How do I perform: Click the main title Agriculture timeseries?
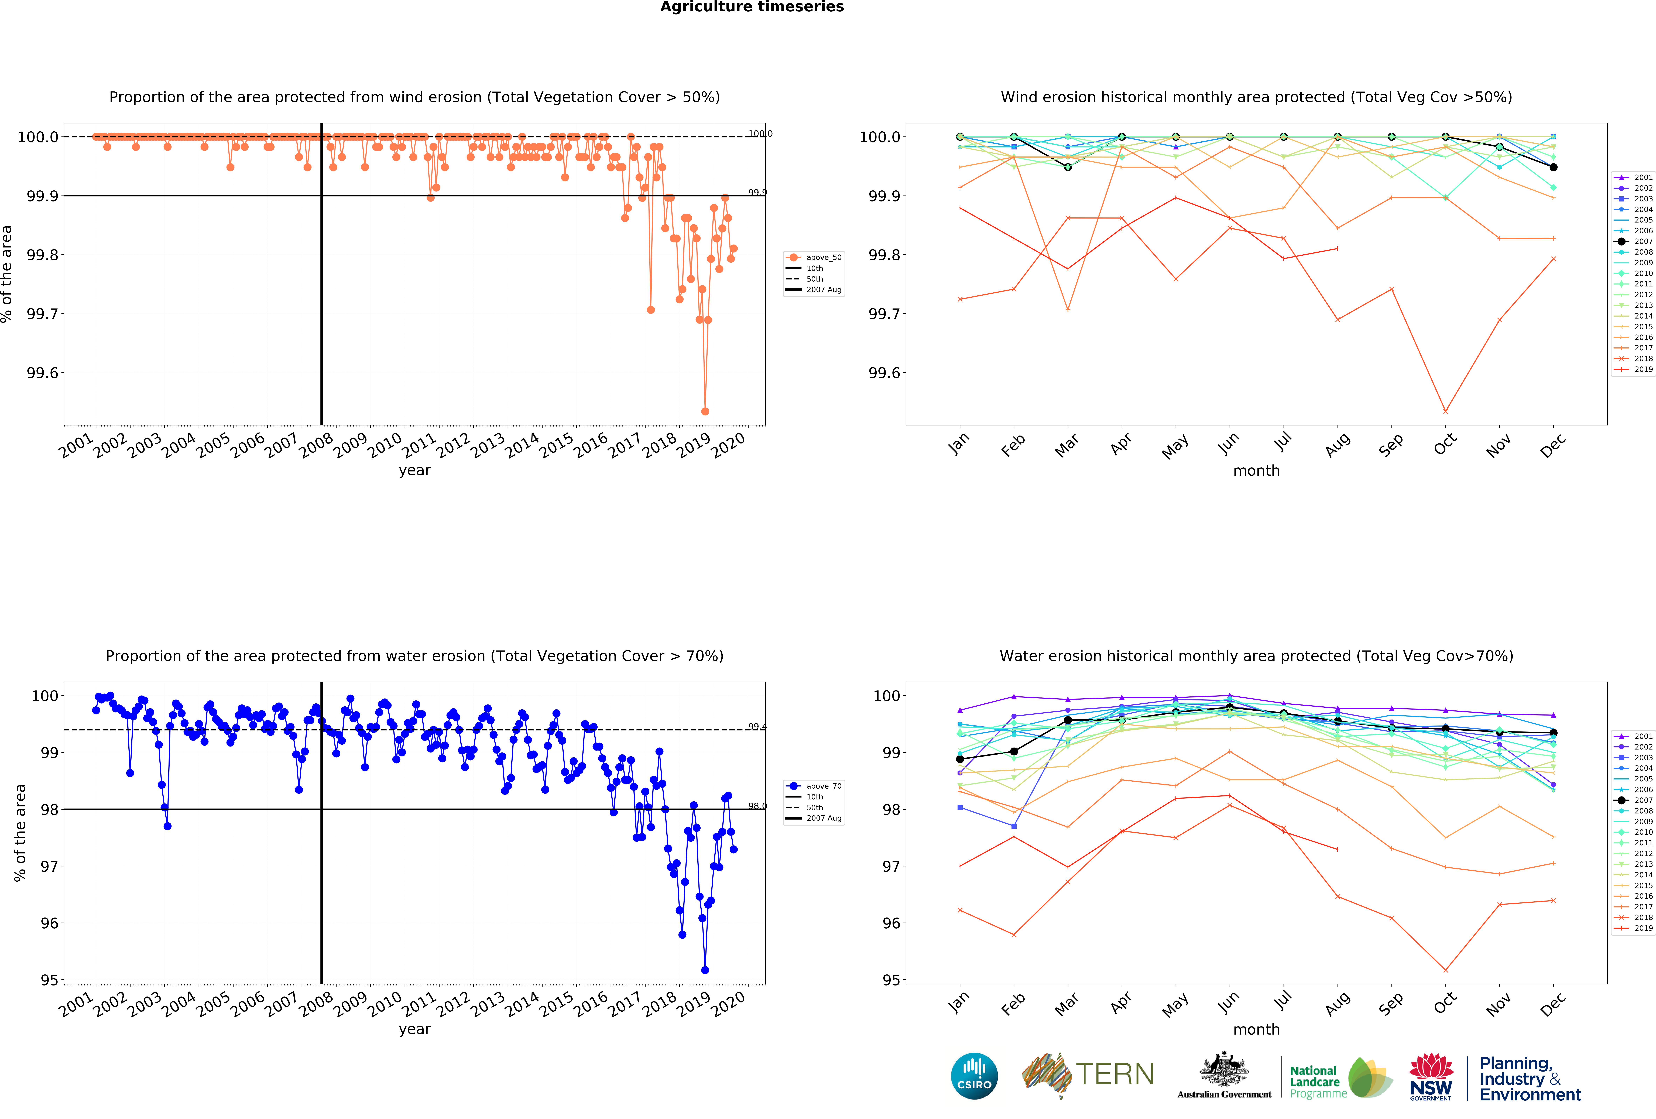click(752, 7)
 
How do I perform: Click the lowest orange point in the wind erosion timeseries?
click(705, 411)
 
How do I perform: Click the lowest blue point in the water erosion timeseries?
click(705, 970)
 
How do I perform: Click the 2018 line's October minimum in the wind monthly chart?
click(1445, 411)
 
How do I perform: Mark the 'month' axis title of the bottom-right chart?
click(1256, 1029)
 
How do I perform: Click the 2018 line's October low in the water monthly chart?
click(1445, 970)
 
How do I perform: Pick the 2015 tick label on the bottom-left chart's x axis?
click(557, 1004)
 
